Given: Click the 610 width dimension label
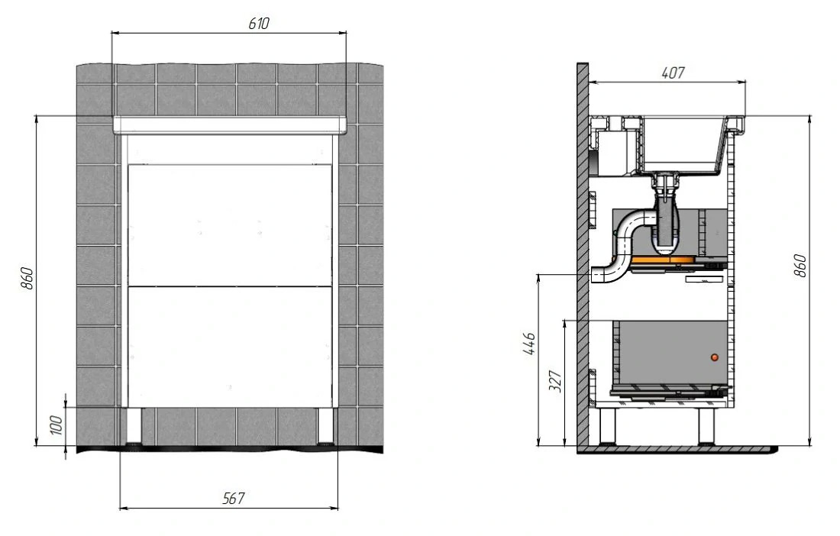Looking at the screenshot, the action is (x=259, y=24).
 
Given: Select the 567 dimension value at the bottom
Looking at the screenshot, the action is (x=234, y=499).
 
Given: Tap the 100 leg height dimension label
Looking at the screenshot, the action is (x=57, y=425).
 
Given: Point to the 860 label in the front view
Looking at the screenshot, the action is (x=27, y=279).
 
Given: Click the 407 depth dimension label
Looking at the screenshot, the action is (x=673, y=73).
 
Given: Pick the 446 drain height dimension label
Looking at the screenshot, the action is (x=528, y=344).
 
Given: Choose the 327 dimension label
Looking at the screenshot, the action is (x=555, y=381).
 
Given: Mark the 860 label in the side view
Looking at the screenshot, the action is (x=800, y=266).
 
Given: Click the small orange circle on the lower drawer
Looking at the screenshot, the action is (x=714, y=357).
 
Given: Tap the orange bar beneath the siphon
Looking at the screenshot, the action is (x=662, y=261).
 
